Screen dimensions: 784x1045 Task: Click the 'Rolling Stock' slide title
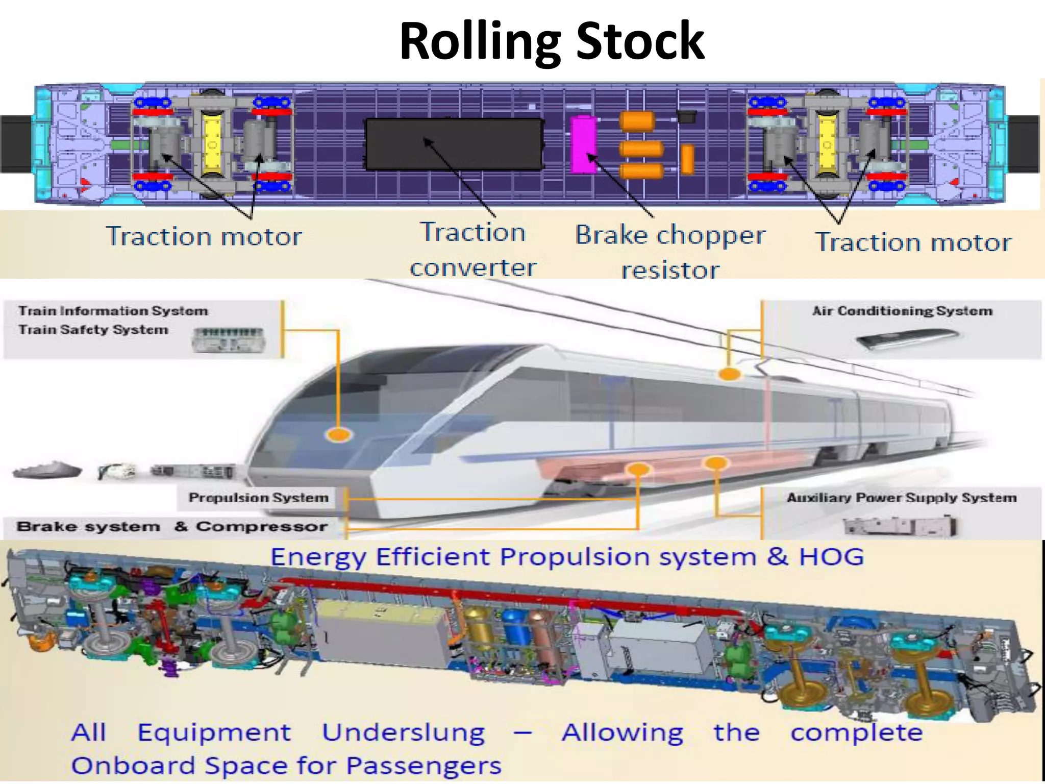coord(552,42)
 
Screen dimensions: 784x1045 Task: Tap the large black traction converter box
coord(454,144)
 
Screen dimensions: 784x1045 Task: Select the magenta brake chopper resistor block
coord(583,145)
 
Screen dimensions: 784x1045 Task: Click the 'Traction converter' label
coord(473,250)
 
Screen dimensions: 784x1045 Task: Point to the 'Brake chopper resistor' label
coord(670,252)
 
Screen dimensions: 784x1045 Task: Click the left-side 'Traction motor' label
coord(204,237)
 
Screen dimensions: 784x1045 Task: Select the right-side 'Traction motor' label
coord(913,242)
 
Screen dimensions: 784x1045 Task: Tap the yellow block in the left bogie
coord(211,144)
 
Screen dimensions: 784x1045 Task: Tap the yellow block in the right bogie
coord(827,144)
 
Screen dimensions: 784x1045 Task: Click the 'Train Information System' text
coord(113,311)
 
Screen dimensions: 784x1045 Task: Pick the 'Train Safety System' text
coord(93,330)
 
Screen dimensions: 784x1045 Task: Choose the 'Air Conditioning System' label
coord(902,311)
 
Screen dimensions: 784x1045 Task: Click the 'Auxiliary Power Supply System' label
coord(902,498)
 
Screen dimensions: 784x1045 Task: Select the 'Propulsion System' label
coord(258,498)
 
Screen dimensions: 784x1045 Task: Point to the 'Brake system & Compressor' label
coord(172,526)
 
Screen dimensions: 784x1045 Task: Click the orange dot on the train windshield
coord(338,434)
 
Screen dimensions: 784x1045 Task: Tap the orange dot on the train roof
coord(729,374)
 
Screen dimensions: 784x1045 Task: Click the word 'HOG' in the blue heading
coord(831,556)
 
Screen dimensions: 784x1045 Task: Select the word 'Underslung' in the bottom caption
coord(403,733)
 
